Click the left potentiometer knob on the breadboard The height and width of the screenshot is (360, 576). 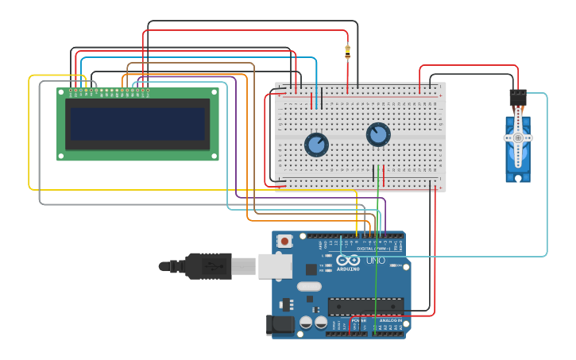coord(316,145)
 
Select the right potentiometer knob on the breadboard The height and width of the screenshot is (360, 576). coord(378,134)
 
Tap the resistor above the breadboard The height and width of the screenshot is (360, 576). coord(347,52)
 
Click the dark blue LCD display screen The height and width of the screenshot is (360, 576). coord(137,123)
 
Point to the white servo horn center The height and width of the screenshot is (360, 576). coord(518,137)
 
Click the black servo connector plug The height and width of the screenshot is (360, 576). coord(518,98)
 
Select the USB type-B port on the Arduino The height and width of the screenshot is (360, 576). coord(275,266)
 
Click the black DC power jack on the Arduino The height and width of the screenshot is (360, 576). coord(280,323)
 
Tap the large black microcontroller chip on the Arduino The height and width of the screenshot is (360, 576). coord(365,306)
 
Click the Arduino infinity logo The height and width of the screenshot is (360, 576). coord(347,260)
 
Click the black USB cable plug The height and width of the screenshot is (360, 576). coord(209,266)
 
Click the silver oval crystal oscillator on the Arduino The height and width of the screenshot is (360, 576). coord(310,286)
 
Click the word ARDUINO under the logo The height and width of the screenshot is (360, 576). coord(348,269)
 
